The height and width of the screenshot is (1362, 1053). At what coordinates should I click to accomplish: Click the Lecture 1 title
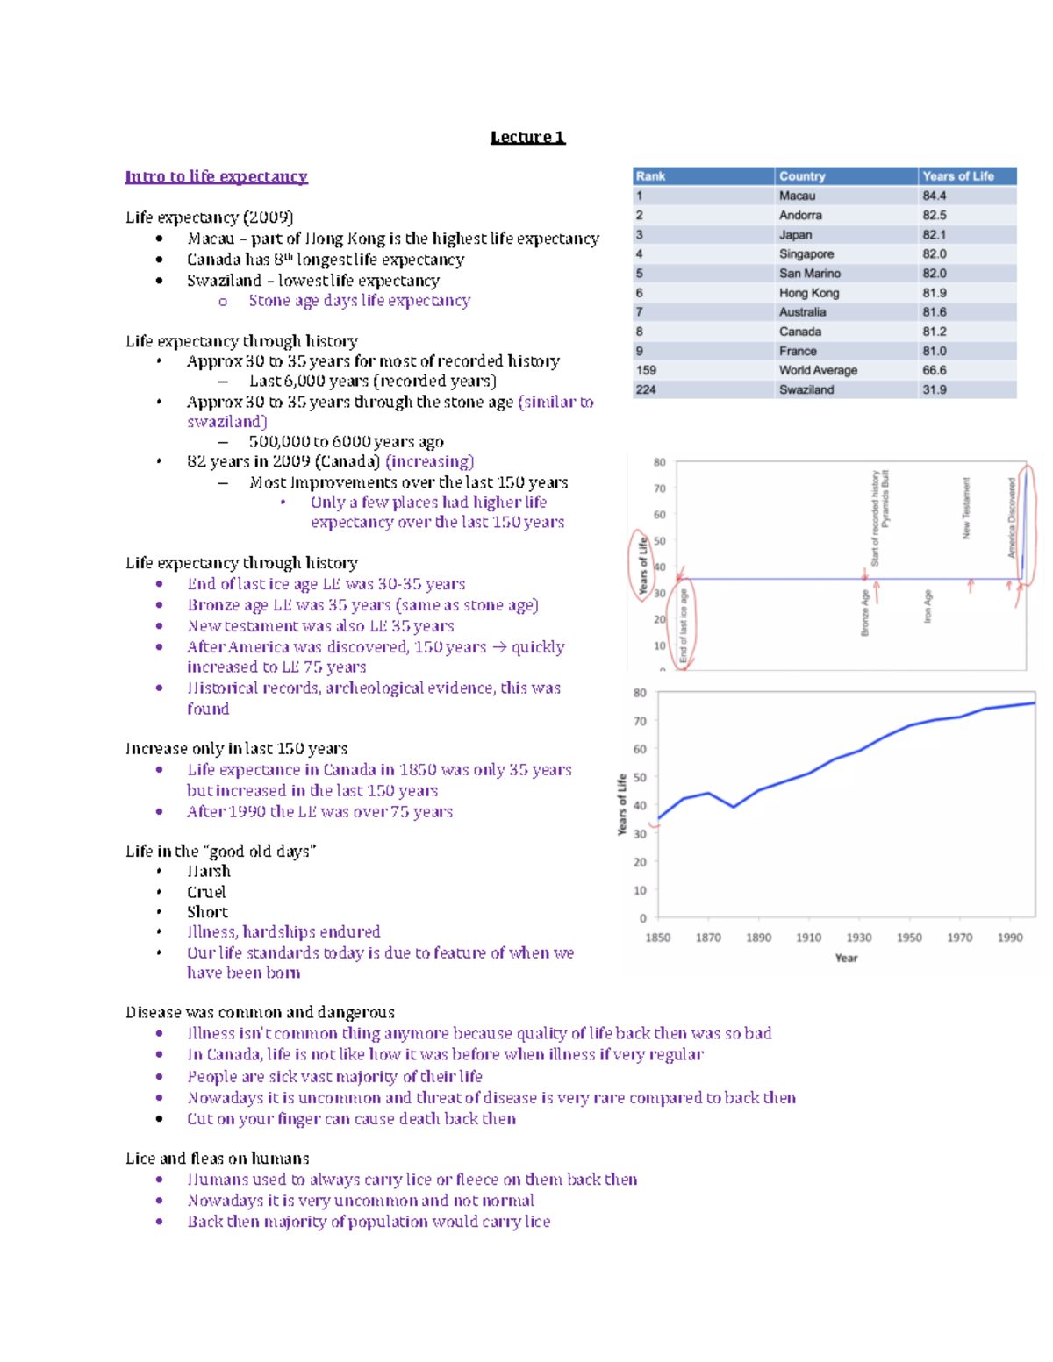527,137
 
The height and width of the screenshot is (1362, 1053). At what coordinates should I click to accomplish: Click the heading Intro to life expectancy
216,176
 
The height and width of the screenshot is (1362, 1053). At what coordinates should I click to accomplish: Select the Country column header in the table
802,176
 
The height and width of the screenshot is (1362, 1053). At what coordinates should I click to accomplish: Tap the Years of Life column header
957,176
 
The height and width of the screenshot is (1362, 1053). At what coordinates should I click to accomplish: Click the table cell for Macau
797,196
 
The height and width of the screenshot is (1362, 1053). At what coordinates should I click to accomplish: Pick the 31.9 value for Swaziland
934,389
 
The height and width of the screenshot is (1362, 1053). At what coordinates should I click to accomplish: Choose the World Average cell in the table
818,370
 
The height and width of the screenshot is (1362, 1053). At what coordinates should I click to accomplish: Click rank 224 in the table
646,389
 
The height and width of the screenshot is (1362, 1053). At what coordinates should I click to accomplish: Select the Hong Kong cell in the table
808,293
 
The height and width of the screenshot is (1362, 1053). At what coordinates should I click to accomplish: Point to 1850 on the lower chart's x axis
657,938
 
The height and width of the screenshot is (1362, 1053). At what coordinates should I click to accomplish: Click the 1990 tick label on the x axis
1009,938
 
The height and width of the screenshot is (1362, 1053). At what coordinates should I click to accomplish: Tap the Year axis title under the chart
846,958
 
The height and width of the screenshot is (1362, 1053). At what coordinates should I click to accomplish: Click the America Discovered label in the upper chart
1012,517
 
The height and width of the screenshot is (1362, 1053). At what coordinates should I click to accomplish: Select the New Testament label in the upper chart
966,508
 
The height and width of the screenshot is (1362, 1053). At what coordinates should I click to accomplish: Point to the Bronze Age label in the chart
864,612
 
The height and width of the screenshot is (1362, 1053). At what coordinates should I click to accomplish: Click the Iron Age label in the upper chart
928,606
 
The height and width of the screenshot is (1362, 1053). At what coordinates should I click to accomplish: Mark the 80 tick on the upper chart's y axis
659,462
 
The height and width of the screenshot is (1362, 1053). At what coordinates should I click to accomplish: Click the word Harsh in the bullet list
209,871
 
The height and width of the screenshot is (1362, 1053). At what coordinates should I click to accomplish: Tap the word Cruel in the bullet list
206,892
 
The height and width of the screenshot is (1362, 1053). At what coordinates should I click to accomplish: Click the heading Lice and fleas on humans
217,1159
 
